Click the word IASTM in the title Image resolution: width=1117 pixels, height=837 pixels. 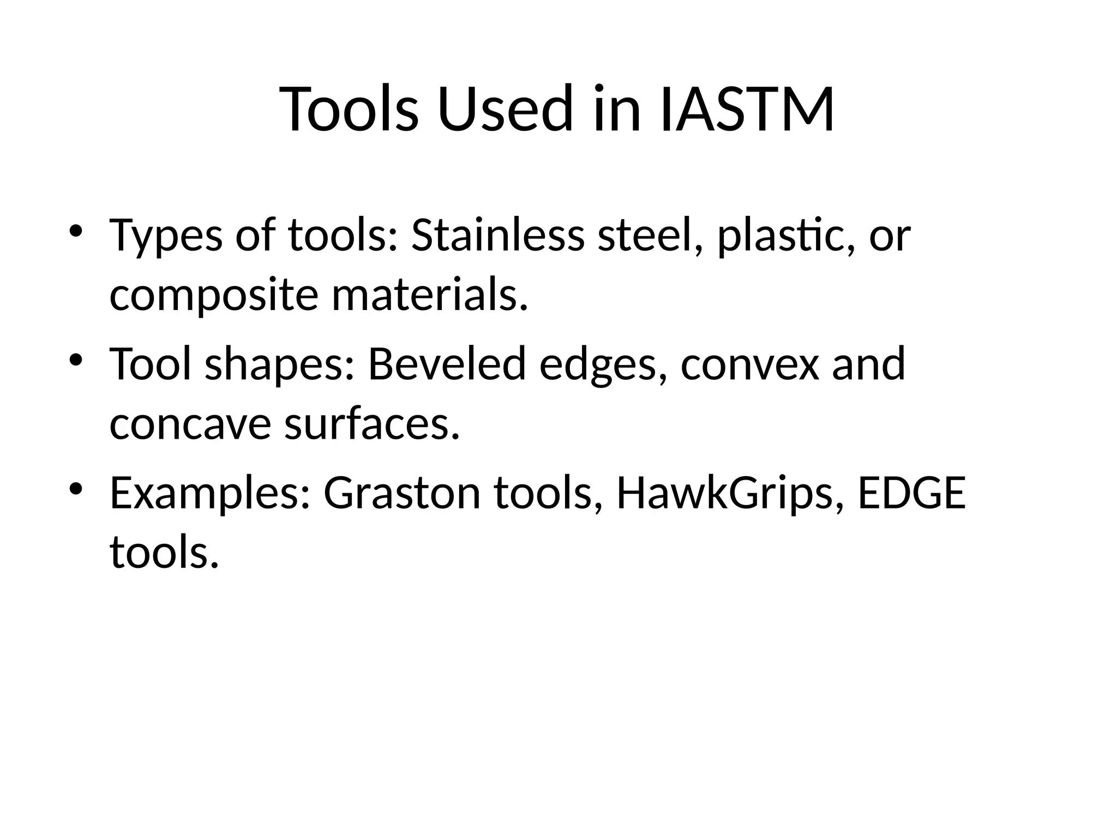click(x=747, y=109)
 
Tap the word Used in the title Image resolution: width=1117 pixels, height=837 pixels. click(x=505, y=109)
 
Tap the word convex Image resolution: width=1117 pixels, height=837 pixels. click(x=749, y=364)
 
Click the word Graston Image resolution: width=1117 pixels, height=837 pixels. click(x=402, y=493)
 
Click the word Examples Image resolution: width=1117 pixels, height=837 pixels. click(x=210, y=493)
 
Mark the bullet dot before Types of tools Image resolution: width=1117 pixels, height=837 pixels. click(x=76, y=231)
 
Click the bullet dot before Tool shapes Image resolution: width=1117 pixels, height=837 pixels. click(x=76, y=359)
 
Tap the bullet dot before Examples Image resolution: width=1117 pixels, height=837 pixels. click(x=76, y=488)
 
